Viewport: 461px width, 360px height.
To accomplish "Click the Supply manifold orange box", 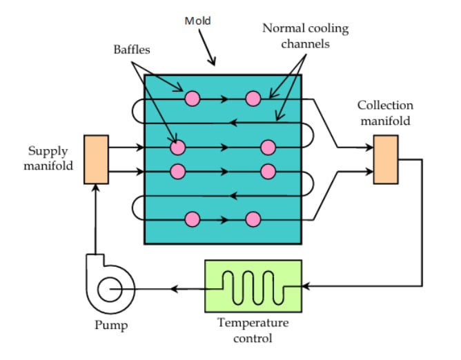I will click(x=96, y=159).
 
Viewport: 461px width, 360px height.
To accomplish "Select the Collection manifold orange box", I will click(x=385, y=159).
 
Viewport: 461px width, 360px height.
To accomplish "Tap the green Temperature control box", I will click(x=253, y=285).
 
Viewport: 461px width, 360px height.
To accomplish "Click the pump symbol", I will click(x=108, y=288).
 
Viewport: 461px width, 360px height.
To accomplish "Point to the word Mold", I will click(x=197, y=21).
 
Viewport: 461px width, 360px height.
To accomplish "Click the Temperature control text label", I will click(x=253, y=330).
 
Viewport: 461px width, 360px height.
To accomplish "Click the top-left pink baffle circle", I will click(x=193, y=99).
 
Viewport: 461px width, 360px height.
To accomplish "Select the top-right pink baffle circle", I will click(x=253, y=99).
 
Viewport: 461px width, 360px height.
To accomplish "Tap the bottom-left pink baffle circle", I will click(x=193, y=219).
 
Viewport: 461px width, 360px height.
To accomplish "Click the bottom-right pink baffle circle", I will click(x=253, y=219).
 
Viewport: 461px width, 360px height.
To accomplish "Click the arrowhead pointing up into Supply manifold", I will click(x=96, y=190).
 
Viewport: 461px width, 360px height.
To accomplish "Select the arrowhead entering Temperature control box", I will click(x=307, y=286).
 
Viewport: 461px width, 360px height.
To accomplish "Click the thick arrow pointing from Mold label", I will click(x=207, y=51).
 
